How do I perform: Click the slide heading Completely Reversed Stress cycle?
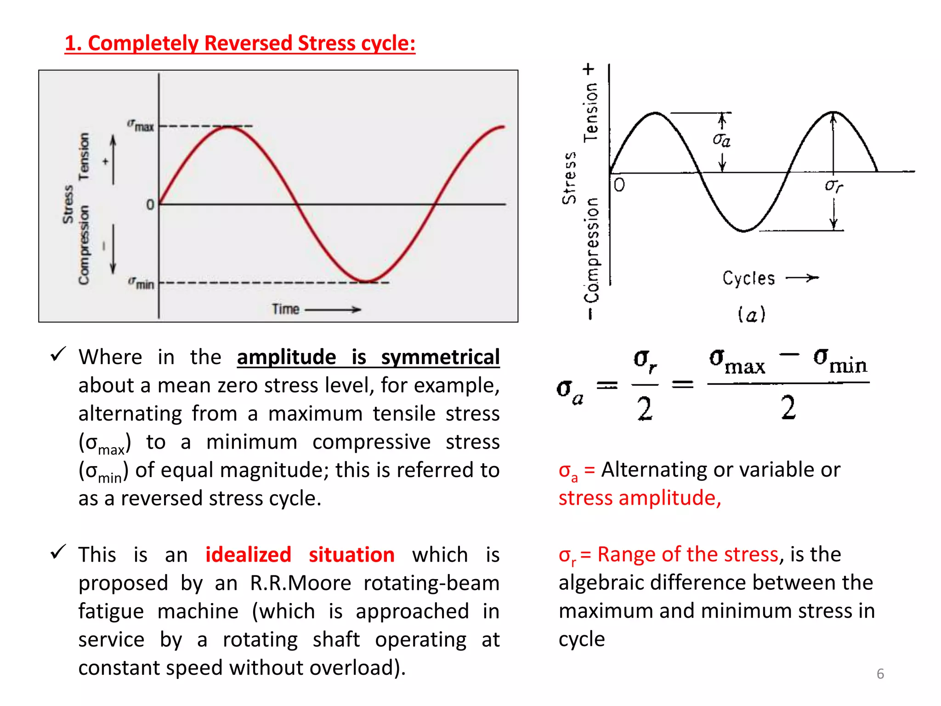[240, 43]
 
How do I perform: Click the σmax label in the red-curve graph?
[141, 125]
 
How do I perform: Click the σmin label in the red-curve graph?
[142, 283]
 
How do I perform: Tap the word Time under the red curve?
[285, 309]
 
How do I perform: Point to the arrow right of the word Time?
[334, 310]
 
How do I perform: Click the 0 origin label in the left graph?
[150, 205]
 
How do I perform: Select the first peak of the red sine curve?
[228, 127]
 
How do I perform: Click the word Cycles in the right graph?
[748, 278]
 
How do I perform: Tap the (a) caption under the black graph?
[751, 315]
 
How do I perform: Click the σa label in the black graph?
[722, 139]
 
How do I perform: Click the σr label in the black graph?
[833, 185]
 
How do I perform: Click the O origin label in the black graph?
[619, 185]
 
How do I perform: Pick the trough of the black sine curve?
[744, 230]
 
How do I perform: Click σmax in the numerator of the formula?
[737, 361]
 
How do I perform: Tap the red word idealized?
[248, 555]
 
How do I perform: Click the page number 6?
[880, 674]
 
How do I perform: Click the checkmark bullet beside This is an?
[58, 552]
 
